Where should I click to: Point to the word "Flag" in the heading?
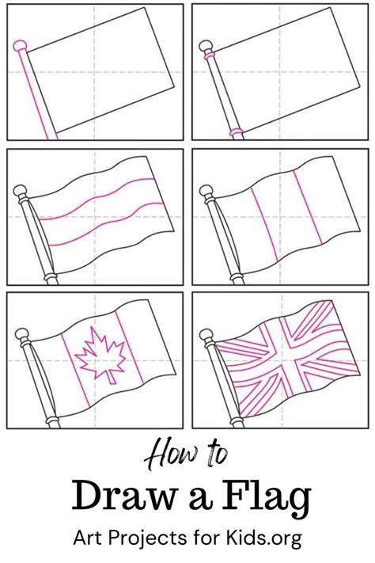click(266, 498)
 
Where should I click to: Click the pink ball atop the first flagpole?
click(20, 45)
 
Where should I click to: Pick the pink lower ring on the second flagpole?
click(236, 131)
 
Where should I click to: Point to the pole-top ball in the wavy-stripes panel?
click(20, 189)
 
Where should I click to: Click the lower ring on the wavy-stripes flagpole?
click(51, 277)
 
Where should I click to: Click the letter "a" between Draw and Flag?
click(199, 500)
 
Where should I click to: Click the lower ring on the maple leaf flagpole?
click(52, 420)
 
